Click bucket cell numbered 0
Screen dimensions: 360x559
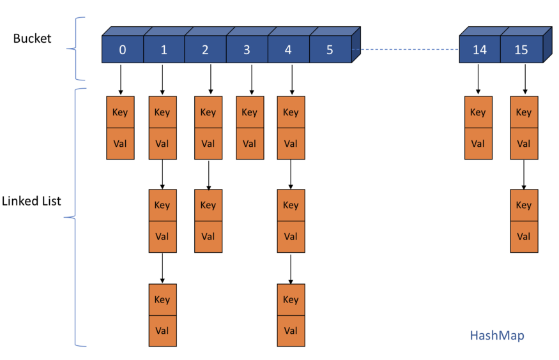pyautogui.click(x=122, y=50)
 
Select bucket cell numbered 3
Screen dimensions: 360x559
pyautogui.click(x=247, y=50)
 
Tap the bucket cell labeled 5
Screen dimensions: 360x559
pyautogui.click(x=330, y=50)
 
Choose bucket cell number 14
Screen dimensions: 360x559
pyautogui.click(x=479, y=50)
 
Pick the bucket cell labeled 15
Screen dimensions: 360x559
pyautogui.click(x=521, y=50)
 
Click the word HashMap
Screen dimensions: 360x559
pyautogui.click(x=497, y=335)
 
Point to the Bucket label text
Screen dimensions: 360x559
pyautogui.click(x=32, y=39)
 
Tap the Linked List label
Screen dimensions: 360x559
pyautogui.click(x=31, y=201)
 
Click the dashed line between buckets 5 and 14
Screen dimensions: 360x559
pyautogui.click(x=406, y=50)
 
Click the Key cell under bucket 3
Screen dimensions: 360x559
pyautogui.click(x=250, y=112)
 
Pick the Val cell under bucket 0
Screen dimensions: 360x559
pyautogui.click(x=120, y=144)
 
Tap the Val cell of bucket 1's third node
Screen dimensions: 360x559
pyautogui.click(x=162, y=331)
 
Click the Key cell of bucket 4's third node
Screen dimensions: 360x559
pyautogui.click(x=291, y=300)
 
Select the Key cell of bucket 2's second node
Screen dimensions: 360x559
pyautogui.click(x=208, y=206)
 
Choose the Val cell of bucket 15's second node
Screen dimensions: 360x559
pyautogui.click(x=524, y=237)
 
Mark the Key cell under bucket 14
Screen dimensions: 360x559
pyautogui.click(x=478, y=112)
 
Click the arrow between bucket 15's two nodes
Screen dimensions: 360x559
pyautogui.click(x=524, y=174)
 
